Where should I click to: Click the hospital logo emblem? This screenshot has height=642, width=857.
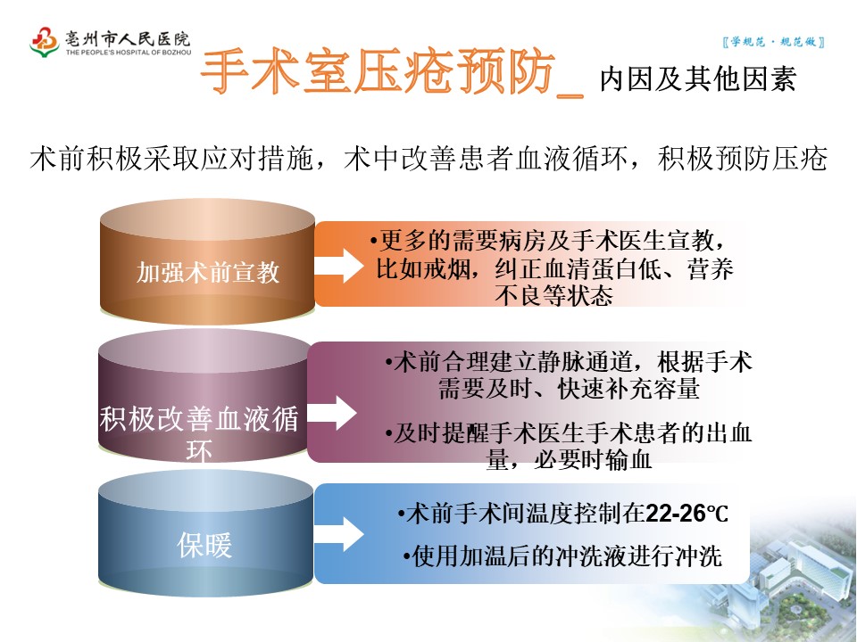45,41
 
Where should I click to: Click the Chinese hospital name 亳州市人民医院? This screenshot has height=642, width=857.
128,38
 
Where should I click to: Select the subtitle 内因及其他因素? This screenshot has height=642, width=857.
697,78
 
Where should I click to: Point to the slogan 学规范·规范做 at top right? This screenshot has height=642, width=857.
771,42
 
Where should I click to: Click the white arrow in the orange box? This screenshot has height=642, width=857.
340,266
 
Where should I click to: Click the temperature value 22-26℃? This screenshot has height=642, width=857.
686,514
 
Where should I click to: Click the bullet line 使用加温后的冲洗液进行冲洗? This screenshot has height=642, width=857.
562,557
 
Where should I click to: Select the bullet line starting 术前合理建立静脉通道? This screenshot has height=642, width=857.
570,363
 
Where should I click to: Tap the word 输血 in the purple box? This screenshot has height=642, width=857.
629,460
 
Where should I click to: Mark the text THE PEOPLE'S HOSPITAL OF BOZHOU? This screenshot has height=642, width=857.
128,53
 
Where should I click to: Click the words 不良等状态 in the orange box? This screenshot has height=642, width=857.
553,295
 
